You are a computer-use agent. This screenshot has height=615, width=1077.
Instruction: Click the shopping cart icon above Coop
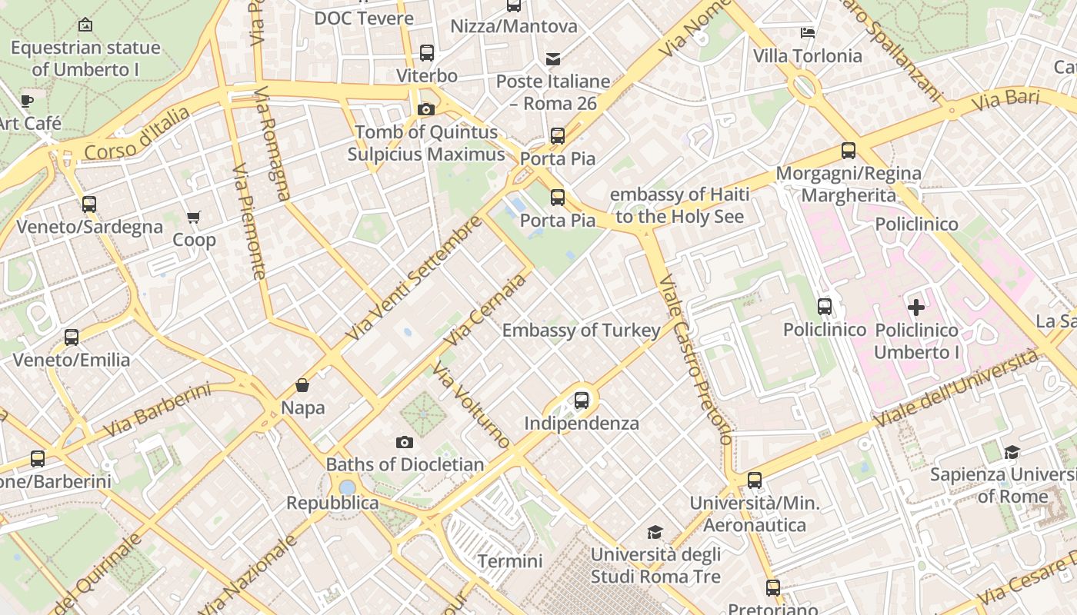click(193, 218)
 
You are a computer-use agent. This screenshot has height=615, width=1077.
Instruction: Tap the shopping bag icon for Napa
click(302, 385)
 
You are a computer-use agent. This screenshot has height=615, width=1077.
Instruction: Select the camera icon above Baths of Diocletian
click(405, 442)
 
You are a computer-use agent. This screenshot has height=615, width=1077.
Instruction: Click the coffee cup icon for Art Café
click(27, 101)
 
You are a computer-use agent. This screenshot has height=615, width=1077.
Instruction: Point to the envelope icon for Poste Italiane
click(552, 58)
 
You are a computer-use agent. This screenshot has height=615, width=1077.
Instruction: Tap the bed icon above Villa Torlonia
click(808, 33)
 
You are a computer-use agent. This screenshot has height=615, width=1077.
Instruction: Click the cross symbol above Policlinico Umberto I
click(915, 308)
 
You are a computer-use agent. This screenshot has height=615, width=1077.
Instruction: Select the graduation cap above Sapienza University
click(1012, 452)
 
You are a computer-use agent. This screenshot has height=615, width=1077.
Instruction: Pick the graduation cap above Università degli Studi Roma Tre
click(655, 532)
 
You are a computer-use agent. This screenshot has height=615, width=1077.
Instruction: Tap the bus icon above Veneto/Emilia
click(72, 337)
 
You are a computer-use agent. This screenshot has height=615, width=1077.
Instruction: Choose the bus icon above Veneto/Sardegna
click(89, 204)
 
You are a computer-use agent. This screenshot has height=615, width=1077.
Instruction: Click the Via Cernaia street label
click(486, 309)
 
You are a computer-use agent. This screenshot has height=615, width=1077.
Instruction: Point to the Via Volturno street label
click(471, 404)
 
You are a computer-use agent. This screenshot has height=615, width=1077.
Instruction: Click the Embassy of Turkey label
click(581, 331)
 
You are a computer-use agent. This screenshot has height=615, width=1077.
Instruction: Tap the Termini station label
click(510, 561)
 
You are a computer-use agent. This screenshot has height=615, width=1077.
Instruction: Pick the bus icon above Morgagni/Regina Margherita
click(849, 151)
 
